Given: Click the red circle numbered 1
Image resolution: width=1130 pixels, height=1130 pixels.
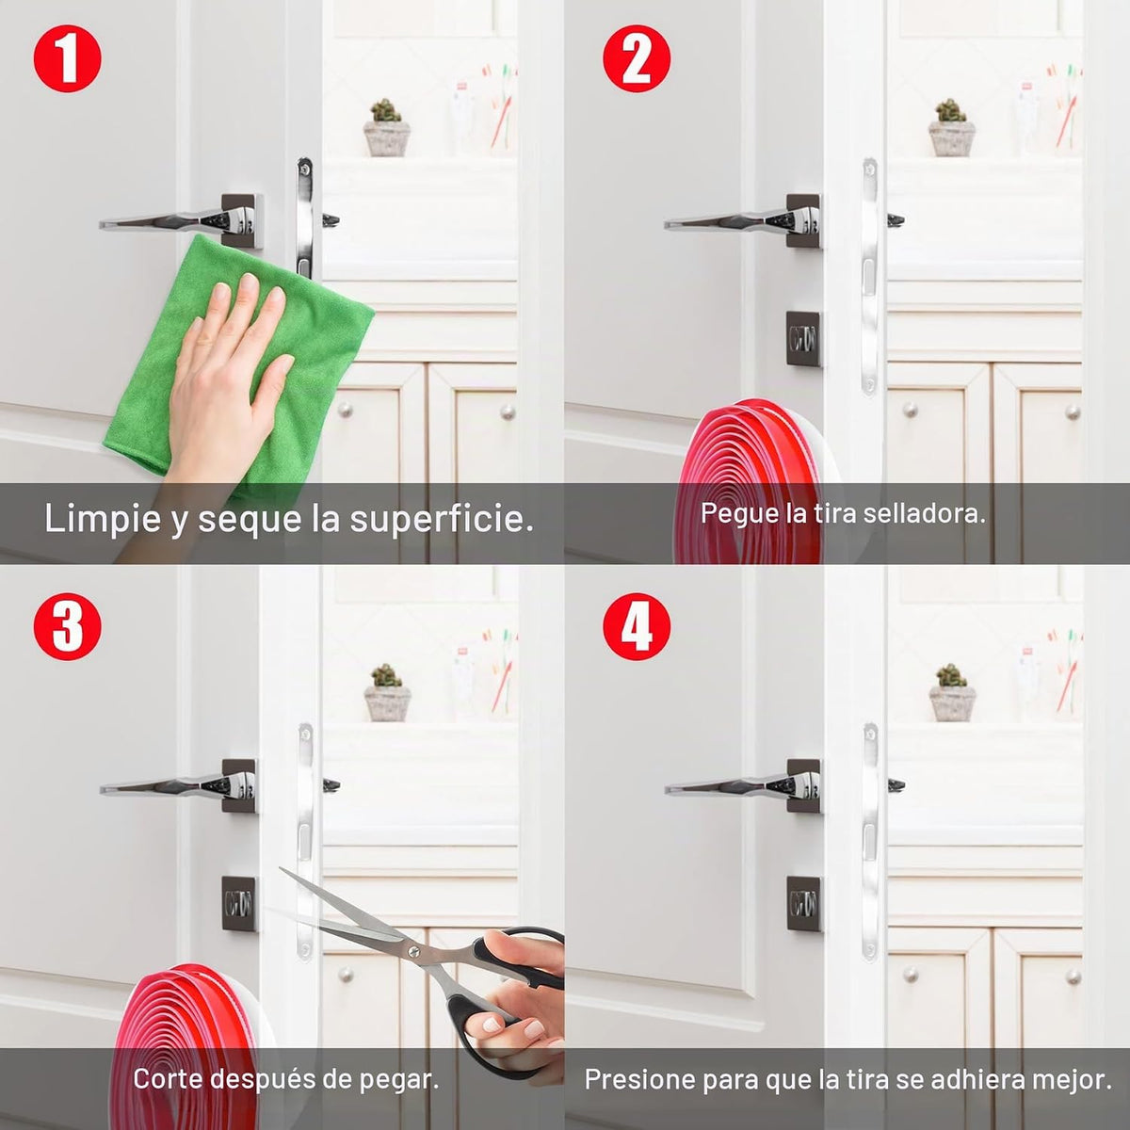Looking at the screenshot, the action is tap(68, 59).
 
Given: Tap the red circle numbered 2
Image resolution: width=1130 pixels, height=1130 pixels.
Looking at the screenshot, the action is tap(637, 59).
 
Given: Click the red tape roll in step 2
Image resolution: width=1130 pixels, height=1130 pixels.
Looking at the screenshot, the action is tap(763, 481).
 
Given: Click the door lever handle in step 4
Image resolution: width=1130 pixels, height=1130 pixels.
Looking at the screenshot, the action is tap(745, 785).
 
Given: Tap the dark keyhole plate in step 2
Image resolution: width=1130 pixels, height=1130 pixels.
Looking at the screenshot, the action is tap(803, 338).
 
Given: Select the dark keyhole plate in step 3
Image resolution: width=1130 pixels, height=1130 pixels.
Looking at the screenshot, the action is tap(238, 903).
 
